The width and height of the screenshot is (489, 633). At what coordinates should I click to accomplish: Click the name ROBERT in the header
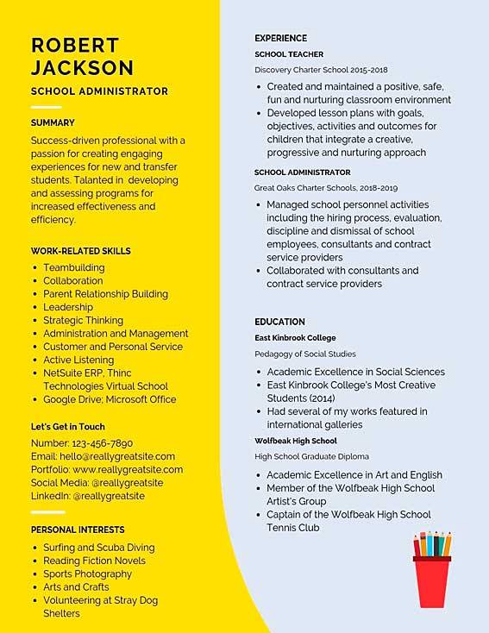click(x=75, y=45)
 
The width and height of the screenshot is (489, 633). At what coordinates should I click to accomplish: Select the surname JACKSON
click(x=83, y=67)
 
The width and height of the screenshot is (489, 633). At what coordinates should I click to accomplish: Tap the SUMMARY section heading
click(x=53, y=122)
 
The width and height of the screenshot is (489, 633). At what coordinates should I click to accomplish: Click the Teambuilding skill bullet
click(x=74, y=267)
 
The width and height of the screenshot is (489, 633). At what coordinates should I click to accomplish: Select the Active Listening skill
click(x=78, y=360)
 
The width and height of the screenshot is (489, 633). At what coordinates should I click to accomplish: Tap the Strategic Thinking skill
click(x=83, y=320)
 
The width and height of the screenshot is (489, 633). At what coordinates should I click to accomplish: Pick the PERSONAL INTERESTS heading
click(x=78, y=530)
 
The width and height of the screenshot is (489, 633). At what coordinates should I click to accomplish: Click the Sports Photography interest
click(x=87, y=573)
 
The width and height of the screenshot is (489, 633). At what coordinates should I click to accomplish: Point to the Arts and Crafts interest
click(x=76, y=587)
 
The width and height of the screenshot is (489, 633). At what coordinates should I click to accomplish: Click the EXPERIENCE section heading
click(x=280, y=38)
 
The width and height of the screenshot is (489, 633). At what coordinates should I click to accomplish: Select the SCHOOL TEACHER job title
click(x=289, y=54)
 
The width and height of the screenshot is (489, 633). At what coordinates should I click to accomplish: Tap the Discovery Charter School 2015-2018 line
click(x=321, y=70)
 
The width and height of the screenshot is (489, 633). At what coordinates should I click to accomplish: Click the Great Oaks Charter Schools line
click(x=319, y=187)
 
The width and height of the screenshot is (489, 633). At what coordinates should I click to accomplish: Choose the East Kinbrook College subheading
click(x=295, y=338)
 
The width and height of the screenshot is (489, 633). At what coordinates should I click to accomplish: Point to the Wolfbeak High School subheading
click(x=296, y=441)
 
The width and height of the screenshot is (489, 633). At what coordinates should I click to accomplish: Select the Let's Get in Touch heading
click(x=68, y=427)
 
